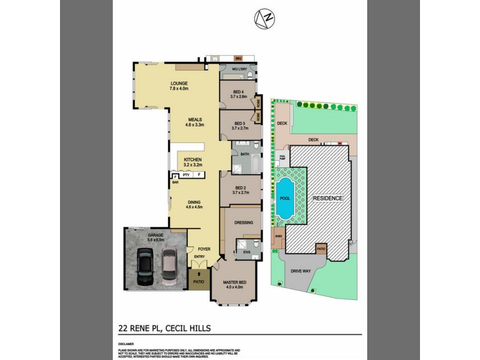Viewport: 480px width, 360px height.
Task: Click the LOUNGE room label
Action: (x=179, y=83)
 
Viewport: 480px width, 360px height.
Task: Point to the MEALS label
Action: (x=194, y=119)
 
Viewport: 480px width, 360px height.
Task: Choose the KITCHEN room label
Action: (x=193, y=160)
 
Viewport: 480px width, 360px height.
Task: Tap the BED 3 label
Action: (x=239, y=123)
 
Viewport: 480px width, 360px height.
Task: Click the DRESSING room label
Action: (x=244, y=222)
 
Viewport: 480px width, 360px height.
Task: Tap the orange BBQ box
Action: (x=238, y=58)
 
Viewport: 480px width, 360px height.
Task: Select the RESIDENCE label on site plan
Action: (x=326, y=198)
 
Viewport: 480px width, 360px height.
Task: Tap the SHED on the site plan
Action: (x=278, y=236)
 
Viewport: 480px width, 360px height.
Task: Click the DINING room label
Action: (x=194, y=202)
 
